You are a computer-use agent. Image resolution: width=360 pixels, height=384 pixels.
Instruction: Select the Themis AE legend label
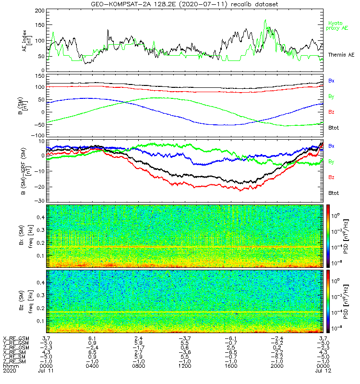tap(340, 55)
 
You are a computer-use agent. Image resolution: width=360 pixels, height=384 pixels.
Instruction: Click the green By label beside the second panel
tap(331, 96)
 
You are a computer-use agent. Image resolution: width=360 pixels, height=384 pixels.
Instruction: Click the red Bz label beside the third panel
tap(331, 177)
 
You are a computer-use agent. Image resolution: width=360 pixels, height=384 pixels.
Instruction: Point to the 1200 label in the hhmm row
tap(184, 366)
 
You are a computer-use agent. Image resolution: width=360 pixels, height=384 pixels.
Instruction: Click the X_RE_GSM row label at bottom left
tap(16, 339)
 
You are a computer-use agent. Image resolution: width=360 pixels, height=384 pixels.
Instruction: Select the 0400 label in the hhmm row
tap(92, 366)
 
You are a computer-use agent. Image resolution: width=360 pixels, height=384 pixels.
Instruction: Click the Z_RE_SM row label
tap(16, 360)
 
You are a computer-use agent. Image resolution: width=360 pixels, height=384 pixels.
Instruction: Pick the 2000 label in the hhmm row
tap(276, 366)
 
